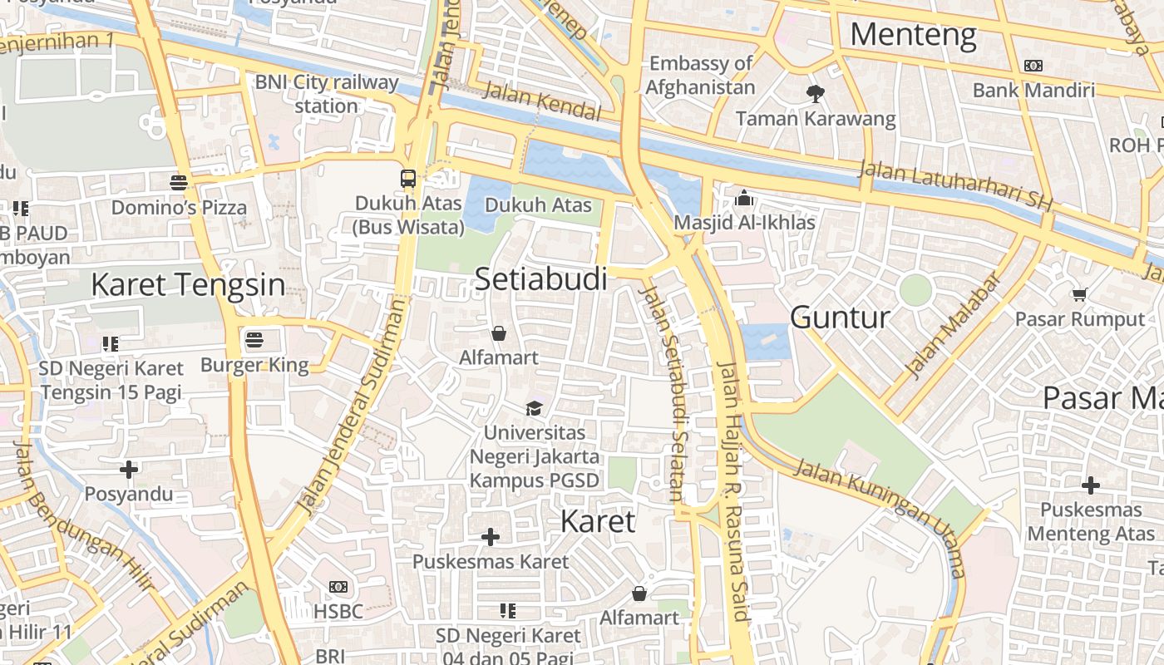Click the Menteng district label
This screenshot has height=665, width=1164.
click(x=913, y=35)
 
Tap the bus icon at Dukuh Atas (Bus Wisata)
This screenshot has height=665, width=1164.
click(x=408, y=178)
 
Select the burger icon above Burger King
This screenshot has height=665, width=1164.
click(x=254, y=340)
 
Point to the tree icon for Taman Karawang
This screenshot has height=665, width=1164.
click(x=816, y=94)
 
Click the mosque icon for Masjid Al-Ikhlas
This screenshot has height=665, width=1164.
click(x=744, y=199)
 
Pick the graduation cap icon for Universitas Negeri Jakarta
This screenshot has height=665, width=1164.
click(x=534, y=408)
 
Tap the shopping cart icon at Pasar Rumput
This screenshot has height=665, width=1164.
click(x=1079, y=294)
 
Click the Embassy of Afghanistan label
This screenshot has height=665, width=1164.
click(x=700, y=75)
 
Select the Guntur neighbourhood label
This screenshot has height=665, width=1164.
click(x=840, y=318)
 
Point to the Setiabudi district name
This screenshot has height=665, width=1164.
click(x=540, y=279)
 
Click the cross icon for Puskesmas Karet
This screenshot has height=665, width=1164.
click(x=491, y=537)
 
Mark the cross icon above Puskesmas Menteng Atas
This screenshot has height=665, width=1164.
click(x=1091, y=485)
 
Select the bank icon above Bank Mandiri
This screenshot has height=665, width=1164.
click(x=1033, y=66)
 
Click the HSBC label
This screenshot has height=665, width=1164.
click(x=338, y=612)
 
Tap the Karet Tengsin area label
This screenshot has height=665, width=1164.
click(x=188, y=284)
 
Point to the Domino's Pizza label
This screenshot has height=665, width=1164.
click(x=179, y=207)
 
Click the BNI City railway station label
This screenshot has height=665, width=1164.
click(x=327, y=94)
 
